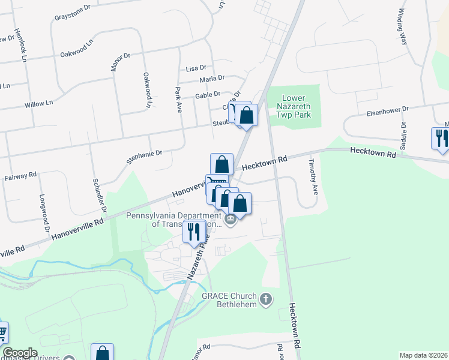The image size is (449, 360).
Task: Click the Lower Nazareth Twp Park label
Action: [x=294, y=106]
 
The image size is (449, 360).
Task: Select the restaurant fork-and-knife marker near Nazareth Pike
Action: [x=194, y=232]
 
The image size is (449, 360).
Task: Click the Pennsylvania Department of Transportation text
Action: [x=174, y=220]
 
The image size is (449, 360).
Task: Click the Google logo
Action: [x=20, y=353]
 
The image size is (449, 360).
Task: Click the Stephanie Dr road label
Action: [x=144, y=157]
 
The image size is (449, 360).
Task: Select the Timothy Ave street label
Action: [x=312, y=176]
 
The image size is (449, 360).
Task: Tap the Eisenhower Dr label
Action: [x=388, y=110]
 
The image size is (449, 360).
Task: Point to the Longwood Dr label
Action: [x=43, y=213]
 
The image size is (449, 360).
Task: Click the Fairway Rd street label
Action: [x=20, y=177]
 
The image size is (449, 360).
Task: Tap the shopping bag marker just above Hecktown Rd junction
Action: [x=221, y=164]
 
